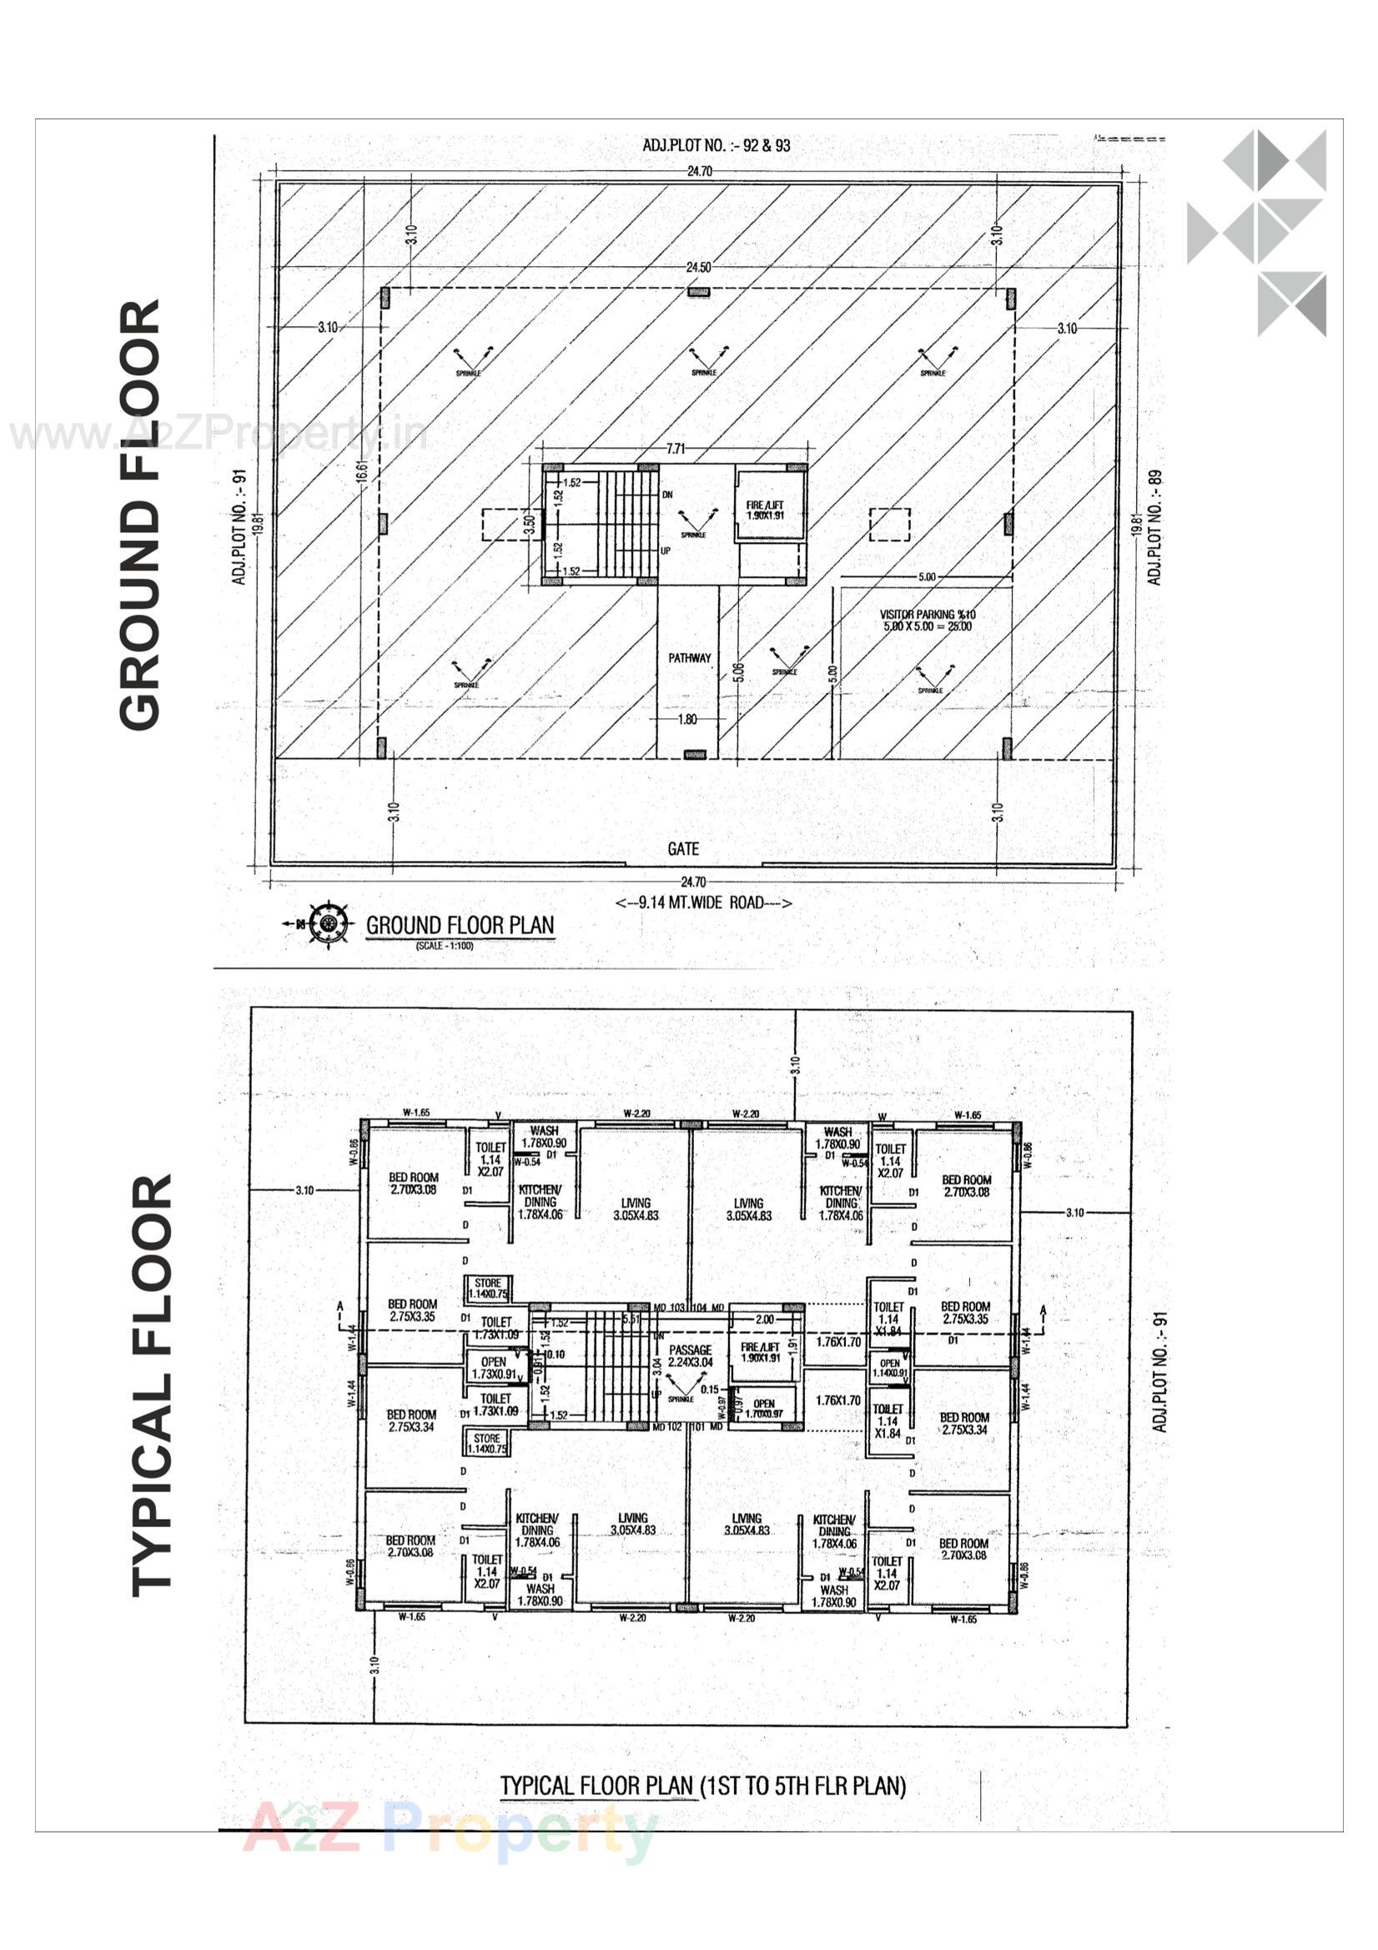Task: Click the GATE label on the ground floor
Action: point(683,848)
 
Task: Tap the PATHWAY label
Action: point(689,658)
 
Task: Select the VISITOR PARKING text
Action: point(927,620)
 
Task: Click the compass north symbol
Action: point(329,922)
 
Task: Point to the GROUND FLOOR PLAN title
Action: point(460,925)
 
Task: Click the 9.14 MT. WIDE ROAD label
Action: point(702,902)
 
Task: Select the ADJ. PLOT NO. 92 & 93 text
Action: point(717,145)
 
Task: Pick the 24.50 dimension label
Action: point(698,268)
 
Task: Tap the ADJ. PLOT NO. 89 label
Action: point(1154,527)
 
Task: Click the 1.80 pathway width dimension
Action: point(687,719)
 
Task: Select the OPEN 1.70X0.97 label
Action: point(763,1410)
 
